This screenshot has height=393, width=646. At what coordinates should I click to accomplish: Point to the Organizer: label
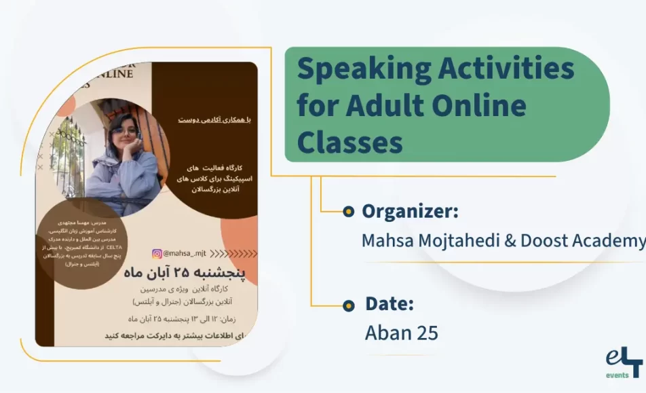[410, 211]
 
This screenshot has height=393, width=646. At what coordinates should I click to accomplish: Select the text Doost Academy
[583, 241]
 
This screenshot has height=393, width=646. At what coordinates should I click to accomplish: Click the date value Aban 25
[401, 333]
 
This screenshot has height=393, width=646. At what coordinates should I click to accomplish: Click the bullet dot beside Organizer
[348, 212]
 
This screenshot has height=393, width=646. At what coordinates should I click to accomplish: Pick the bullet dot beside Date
[348, 305]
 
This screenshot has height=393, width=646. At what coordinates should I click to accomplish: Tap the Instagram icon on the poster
[157, 254]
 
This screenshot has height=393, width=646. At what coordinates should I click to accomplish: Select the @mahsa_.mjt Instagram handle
[185, 254]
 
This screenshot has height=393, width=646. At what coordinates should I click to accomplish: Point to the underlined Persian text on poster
[214, 119]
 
